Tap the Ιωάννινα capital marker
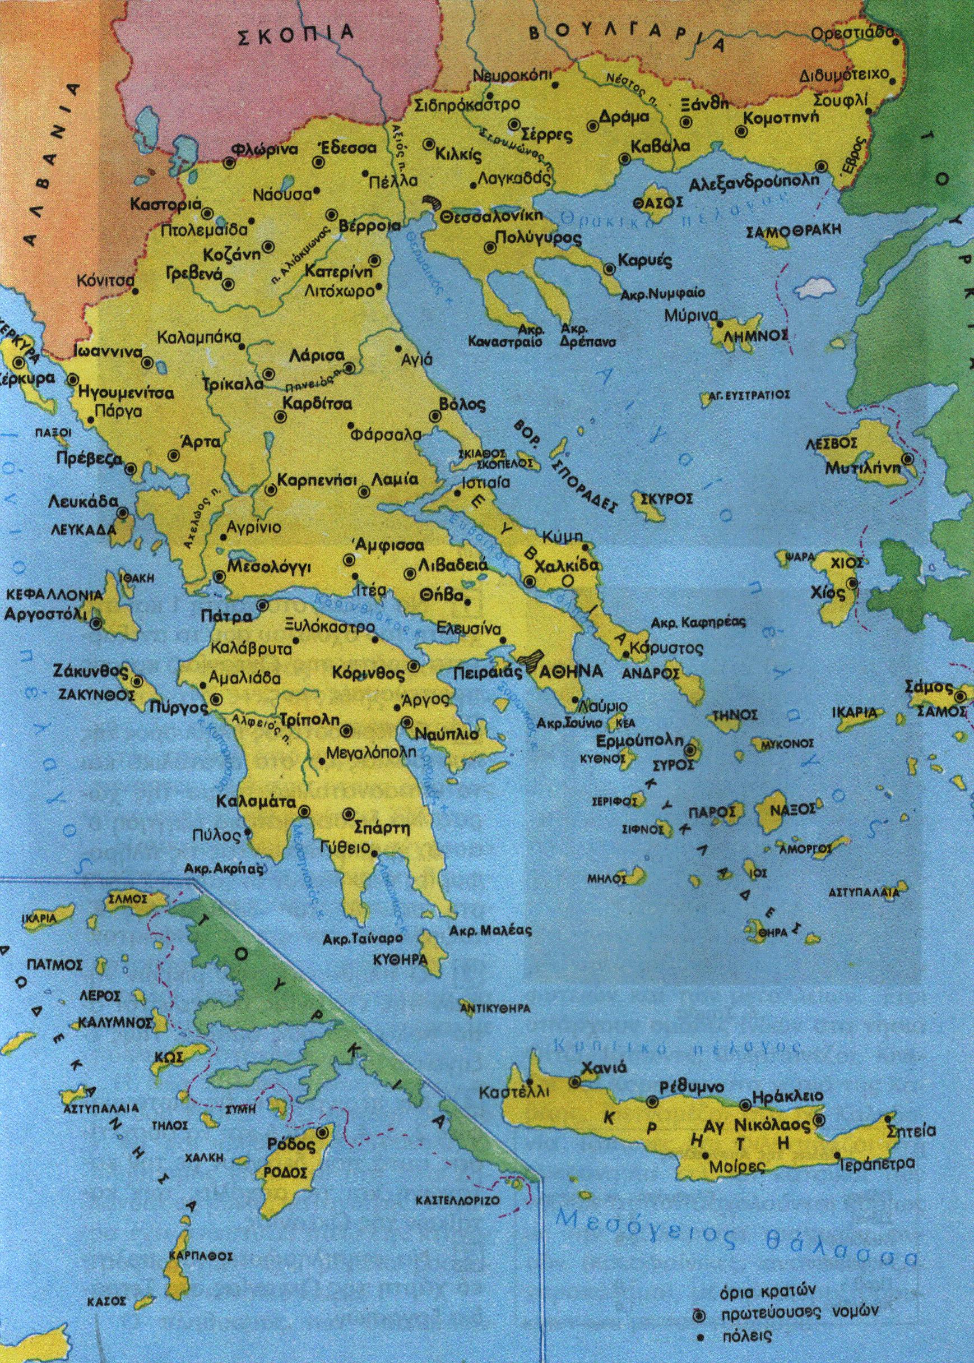click(x=147, y=362)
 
